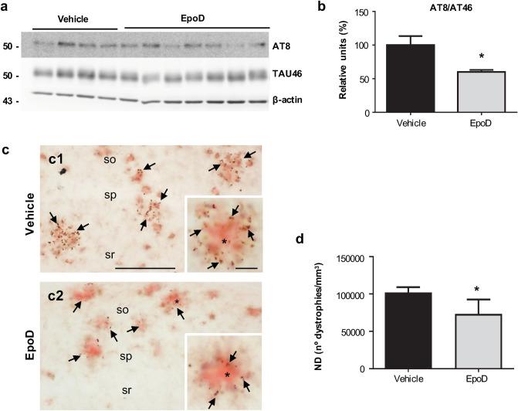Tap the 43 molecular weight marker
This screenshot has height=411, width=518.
(11, 100)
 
